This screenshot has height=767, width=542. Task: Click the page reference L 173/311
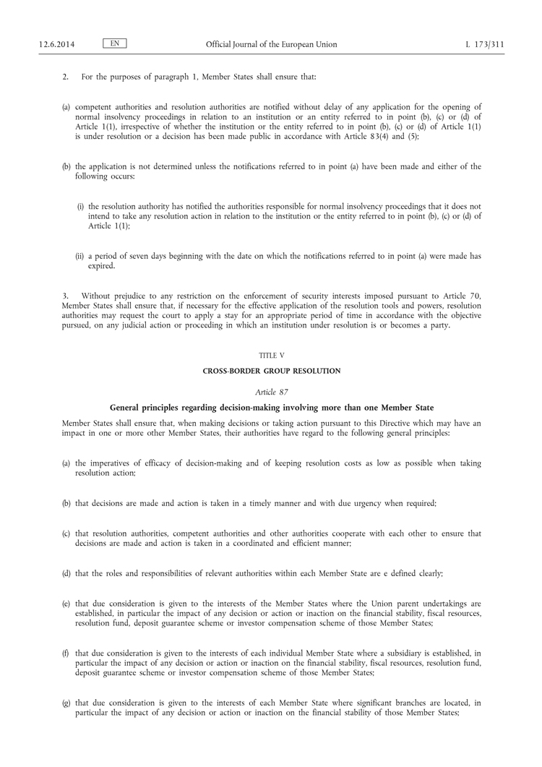(x=485, y=45)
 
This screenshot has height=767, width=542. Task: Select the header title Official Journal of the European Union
(x=271, y=45)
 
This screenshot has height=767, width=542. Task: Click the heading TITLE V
(x=271, y=356)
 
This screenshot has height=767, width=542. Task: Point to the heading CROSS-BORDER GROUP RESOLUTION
(x=271, y=371)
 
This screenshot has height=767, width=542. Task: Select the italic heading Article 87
(x=271, y=391)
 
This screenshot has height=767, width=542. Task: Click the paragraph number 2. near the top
(x=66, y=76)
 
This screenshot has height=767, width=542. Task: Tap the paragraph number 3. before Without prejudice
(x=66, y=296)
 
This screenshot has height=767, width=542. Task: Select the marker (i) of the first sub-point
(x=81, y=206)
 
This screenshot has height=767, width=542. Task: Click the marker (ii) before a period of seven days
(x=80, y=256)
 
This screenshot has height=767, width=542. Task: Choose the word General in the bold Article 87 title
(x=125, y=406)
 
